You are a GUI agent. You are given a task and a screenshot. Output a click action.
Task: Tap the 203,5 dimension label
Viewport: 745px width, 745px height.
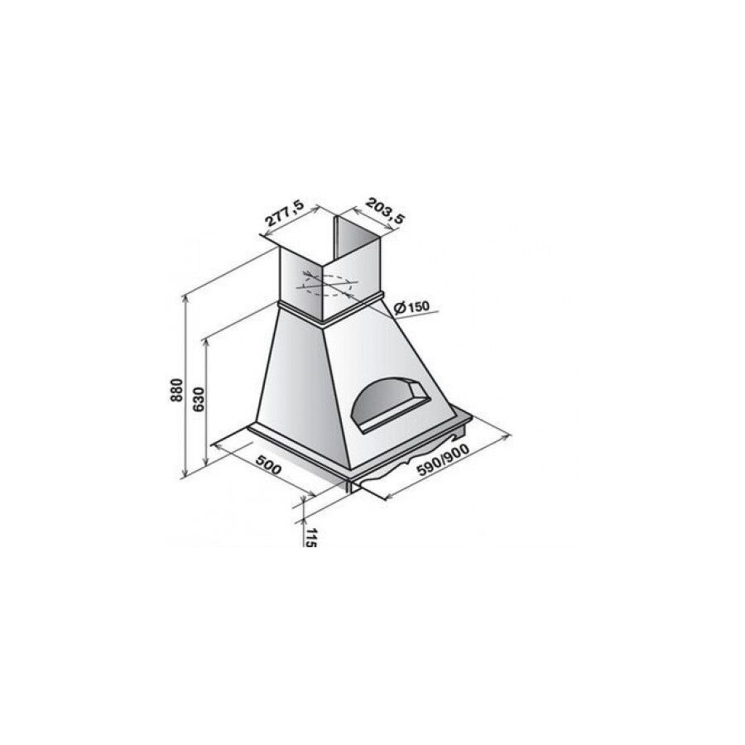[x=385, y=210]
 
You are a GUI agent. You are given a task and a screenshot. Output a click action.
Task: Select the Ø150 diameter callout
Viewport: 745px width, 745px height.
[x=411, y=307]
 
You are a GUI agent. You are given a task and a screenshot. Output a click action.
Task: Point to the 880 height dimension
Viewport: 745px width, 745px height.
[x=176, y=390]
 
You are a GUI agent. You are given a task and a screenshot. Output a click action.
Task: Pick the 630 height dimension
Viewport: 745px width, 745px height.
[x=199, y=400]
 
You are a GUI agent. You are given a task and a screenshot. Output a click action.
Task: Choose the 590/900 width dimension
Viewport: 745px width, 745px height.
[x=443, y=459]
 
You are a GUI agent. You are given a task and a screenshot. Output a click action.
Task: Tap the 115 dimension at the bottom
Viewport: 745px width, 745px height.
[x=310, y=537]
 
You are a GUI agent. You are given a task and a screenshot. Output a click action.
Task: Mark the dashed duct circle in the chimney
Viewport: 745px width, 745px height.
[x=328, y=285]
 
